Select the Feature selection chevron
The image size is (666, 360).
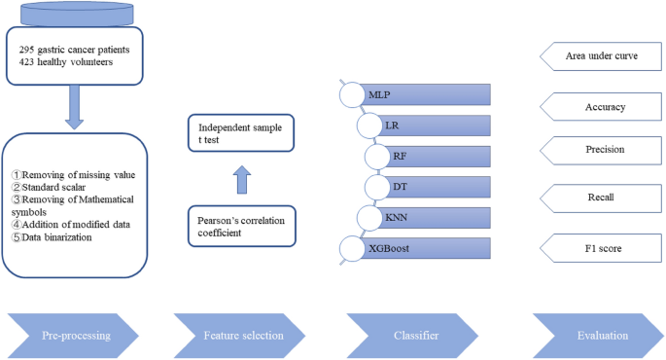pyautogui.click(x=243, y=334)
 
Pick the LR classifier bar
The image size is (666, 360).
pyautogui.click(x=433, y=126)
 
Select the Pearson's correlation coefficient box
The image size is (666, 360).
pyautogui.click(x=240, y=226)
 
